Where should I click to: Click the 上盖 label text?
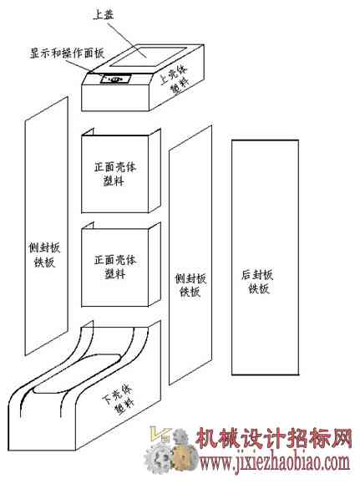(104, 14)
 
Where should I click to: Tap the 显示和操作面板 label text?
(67, 53)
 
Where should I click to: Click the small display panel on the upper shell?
(115, 79)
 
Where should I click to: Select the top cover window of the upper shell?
(149, 56)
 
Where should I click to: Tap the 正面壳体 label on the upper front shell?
(114, 167)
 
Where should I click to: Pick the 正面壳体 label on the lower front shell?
(114, 260)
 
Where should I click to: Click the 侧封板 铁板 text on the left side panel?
(44, 255)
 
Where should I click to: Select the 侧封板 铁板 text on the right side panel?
(190, 285)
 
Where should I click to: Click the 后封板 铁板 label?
(257, 281)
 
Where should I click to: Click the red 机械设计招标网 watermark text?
(274, 438)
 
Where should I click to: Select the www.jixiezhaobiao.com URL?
(275, 463)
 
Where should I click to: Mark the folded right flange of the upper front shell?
(155, 171)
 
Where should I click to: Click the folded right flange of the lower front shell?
(155, 264)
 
